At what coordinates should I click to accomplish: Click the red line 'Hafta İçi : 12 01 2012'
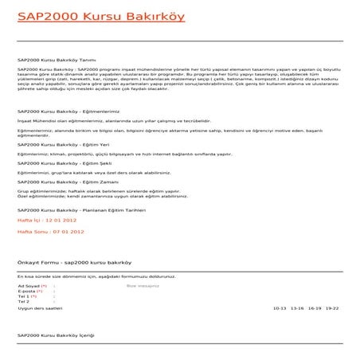(x=46, y=218)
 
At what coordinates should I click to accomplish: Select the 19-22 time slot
(x=331, y=307)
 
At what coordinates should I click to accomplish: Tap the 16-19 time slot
(x=314, y=307)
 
